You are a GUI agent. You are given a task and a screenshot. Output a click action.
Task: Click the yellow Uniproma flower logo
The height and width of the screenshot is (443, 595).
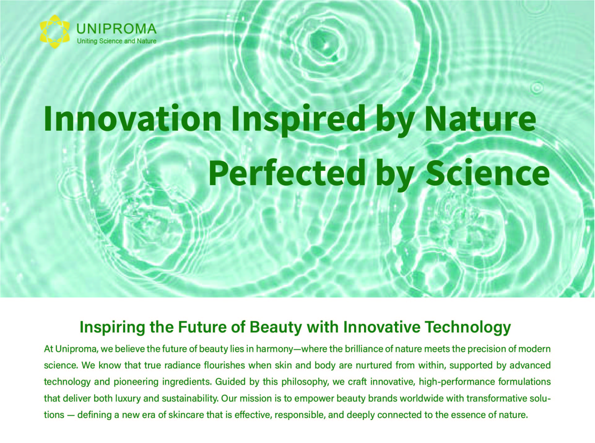[x=55, y=32]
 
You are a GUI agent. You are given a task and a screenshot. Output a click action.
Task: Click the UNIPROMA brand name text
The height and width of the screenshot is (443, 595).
[x=116, y=29]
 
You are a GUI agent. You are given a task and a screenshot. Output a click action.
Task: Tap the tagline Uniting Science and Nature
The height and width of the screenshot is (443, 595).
[x=117, y=41]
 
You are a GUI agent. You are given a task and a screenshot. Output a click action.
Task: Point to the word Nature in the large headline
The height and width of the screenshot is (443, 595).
[x=480, y=119]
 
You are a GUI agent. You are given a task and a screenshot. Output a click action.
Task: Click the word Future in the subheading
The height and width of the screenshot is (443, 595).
[x=202, y=327]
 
